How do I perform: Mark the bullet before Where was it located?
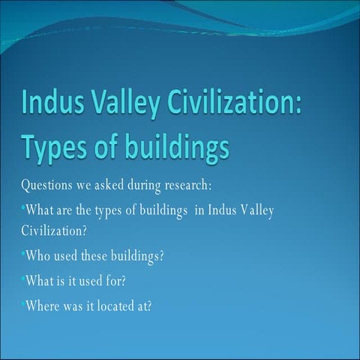point(23,303)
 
